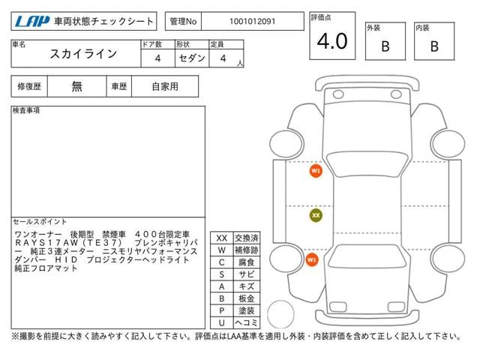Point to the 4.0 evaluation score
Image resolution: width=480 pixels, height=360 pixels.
[331, 42]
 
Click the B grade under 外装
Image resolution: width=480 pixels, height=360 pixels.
[385, 46]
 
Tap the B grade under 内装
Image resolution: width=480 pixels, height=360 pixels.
[433, 46]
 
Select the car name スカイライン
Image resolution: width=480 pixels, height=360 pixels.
[83, 54]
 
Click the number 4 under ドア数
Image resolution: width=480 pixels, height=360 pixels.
[157, 58]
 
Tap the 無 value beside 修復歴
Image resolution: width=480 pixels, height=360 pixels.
[77, 87]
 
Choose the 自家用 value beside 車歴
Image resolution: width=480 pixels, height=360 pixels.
[164, 87]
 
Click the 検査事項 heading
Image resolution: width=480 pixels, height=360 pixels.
[26, 111]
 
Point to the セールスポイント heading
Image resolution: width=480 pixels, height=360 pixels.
[36, 223]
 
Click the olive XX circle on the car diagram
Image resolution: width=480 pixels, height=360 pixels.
[316, 215]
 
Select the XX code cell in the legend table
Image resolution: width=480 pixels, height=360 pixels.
[221, 238]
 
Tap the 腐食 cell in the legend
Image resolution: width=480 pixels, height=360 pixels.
[246, 262]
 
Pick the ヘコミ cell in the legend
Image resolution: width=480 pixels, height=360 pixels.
[246, 322]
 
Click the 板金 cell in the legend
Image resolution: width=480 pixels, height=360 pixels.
[246, 298]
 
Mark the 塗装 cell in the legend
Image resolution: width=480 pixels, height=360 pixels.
[246, 310]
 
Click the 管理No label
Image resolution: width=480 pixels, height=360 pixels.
[183, 22]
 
